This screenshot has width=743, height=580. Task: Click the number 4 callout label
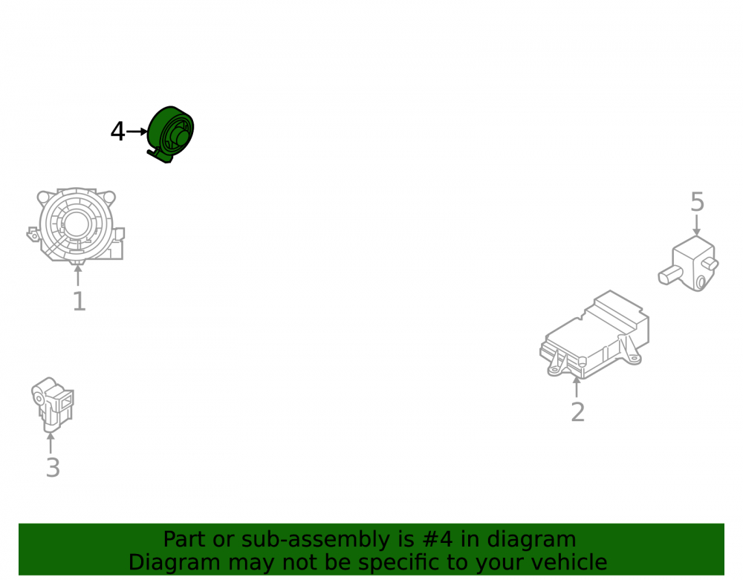coord(117,131)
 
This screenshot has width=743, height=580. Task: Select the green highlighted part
coord(170,134)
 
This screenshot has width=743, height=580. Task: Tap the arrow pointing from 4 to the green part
coord(137,131)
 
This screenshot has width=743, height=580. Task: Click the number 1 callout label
coord(80,302)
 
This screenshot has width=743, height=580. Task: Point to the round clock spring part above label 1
coord(76,225)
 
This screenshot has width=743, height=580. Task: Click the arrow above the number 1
coord(78,276)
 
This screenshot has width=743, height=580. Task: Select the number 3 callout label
coord(53,468)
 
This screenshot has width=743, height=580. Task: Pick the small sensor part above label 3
coord(53,405)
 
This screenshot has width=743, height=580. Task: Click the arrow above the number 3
coord(51,443)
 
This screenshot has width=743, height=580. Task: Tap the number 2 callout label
coord(577,412)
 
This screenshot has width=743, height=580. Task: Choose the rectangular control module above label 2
coord(594,335)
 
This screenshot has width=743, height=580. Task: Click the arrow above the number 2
coord(577,387)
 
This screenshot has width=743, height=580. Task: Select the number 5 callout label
coord(697,202)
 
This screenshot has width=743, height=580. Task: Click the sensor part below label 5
coord(689,264)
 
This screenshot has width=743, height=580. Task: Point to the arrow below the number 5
coord(697,225)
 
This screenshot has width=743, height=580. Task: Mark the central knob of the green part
coord(181,137)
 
